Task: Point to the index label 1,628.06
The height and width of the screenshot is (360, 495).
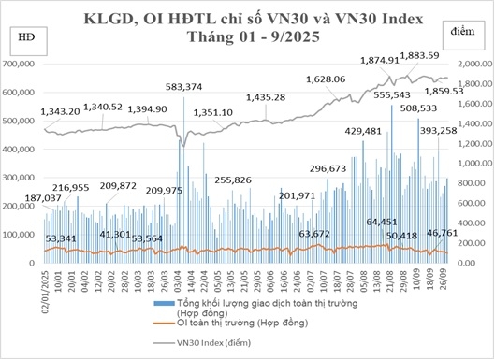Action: coord(326,79)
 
